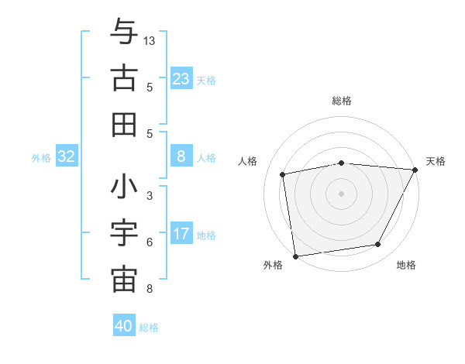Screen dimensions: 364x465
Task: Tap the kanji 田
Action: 124,124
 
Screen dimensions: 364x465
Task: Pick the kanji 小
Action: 124,187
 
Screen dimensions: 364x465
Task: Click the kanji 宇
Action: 124,233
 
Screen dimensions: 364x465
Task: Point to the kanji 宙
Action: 124,280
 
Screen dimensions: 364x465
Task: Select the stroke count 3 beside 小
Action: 149,196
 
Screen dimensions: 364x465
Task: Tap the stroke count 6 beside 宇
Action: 149,242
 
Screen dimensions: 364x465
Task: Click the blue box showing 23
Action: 181,78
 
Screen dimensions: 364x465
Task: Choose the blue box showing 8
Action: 181,156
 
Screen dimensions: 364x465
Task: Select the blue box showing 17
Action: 181,234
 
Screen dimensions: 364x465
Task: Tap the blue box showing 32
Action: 66,156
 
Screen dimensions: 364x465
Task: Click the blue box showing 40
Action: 124,326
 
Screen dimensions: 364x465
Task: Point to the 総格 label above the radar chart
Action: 341,101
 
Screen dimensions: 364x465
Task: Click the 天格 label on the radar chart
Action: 436,161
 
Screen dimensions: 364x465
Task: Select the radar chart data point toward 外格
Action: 295,256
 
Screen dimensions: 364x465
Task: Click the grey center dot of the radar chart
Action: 341,193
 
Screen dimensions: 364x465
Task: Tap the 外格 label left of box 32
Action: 41,158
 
